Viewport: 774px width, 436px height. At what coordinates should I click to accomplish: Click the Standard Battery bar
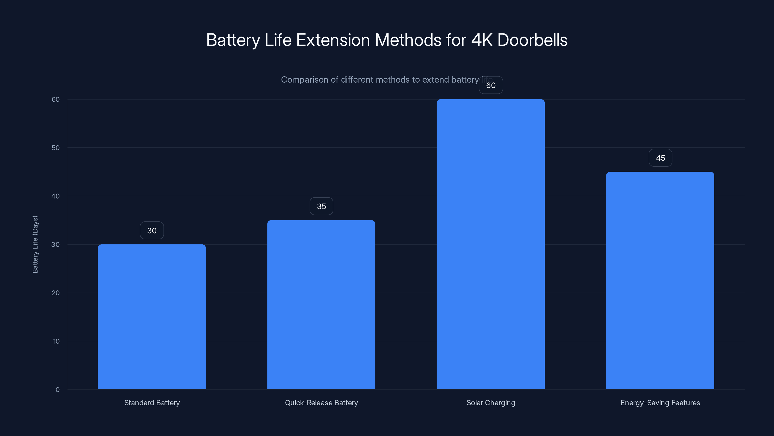click(x=152, y=317)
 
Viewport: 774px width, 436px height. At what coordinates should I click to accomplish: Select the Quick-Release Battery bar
click(x=321, y=304)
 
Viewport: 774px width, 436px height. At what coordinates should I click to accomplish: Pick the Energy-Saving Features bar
click(x=660, y=280)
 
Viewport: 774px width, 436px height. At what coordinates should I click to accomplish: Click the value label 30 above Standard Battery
click(x=152, y=231)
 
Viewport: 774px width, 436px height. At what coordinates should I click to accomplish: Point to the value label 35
click(x=321, y=206)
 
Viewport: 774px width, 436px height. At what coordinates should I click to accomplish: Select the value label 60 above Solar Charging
click(x=491, y=86)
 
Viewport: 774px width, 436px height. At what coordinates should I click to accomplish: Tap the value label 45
click(x=660, y=158)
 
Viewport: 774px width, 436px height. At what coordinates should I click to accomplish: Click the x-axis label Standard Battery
click(x=152, y=403)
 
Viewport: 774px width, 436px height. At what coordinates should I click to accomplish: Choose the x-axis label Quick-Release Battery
click(x=321, y=403)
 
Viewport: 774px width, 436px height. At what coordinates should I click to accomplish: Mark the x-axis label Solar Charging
click(x=491, y=403)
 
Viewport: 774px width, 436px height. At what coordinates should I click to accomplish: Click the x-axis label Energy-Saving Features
click(x=660, y=403)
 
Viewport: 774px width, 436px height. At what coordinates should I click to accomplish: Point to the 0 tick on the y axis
click(x=57, y=390)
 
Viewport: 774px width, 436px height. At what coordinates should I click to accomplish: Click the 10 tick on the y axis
click(x=56, y=341)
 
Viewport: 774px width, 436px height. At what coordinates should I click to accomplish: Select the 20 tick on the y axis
click(x=56, y=293)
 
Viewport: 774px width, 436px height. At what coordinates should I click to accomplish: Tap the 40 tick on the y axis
click(x=56, y=196)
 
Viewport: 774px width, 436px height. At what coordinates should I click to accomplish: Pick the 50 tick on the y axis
click(x=56, y=148)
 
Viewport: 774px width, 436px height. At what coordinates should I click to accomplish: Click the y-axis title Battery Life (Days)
click(x=35, y=244)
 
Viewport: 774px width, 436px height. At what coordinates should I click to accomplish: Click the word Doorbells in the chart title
click(x=532, y=40)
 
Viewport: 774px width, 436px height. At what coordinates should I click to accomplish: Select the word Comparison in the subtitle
click(x=304, y=80)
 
